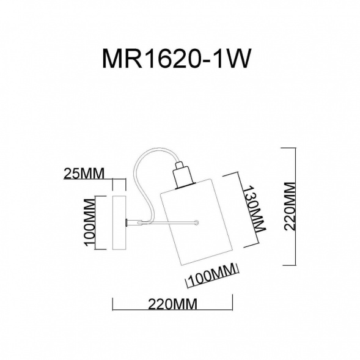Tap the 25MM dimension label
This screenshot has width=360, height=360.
[x=84, y=174]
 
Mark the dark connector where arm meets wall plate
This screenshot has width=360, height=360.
[x=127, y=222]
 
